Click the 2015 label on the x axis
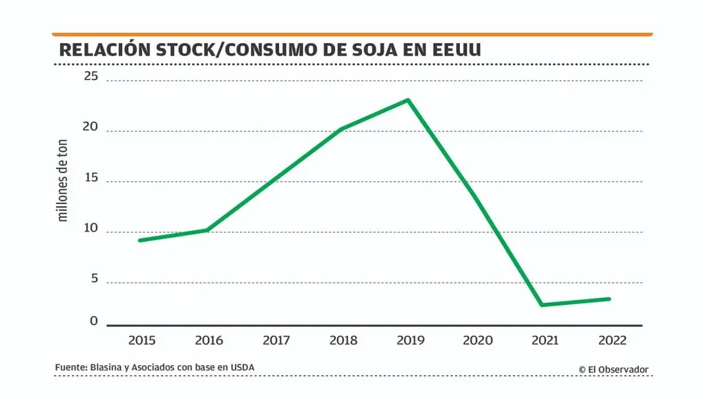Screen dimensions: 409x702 point(141,340)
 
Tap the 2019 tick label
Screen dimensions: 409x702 point(410,340)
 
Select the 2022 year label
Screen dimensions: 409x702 point(612,340)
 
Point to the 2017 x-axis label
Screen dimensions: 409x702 point(276,340)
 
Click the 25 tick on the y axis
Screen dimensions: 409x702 point(91,77)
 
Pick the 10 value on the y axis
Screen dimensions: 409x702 point(91,228)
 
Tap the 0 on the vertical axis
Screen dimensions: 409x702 point(94,321)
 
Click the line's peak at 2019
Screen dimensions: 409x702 point(409,100)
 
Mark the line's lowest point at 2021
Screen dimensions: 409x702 point(542,305)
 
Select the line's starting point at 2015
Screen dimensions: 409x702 point(140,240)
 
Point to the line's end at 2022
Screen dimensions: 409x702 point(609,299)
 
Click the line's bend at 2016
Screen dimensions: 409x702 point(207,230)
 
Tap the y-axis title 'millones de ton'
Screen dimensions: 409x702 point(63,181)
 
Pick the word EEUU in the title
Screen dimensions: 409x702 point(457,50)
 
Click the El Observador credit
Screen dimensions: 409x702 point(614,369)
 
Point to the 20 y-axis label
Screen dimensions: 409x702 point(91,127)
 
